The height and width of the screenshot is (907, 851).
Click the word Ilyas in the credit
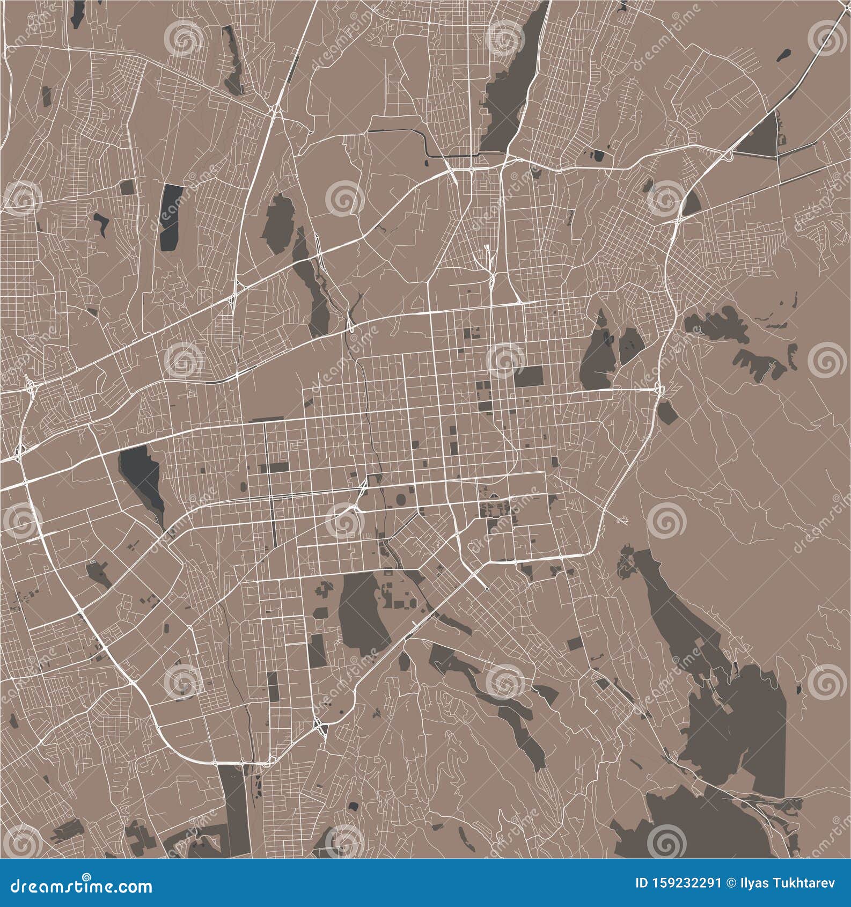point(753,883)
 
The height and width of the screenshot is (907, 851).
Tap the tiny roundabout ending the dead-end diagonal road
point(486,589)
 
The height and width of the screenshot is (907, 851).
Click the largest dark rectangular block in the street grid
point(528,376)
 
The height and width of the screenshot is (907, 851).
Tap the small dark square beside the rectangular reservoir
point(127,187)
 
